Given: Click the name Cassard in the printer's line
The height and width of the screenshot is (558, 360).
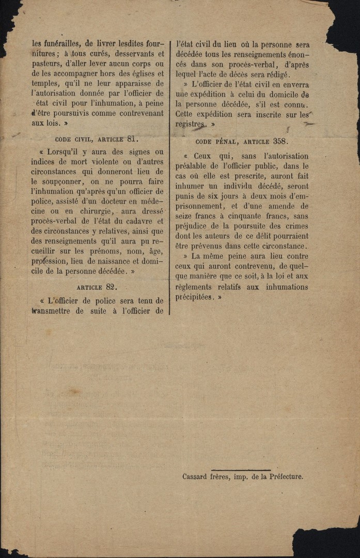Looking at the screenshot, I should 195,477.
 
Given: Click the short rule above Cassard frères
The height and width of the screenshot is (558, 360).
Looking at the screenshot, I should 241,470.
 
